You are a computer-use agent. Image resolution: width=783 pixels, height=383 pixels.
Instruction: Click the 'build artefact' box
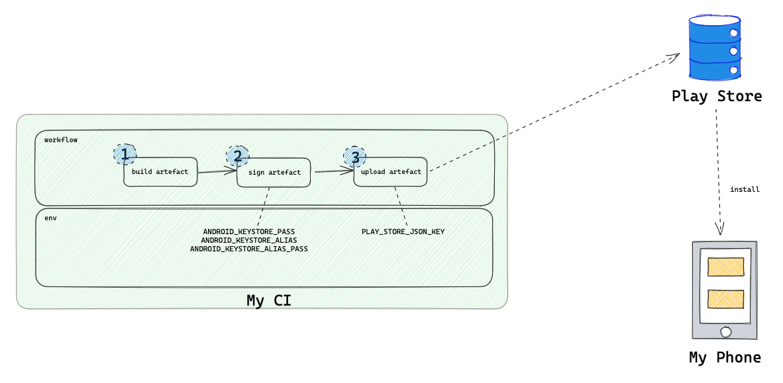pos(160,172)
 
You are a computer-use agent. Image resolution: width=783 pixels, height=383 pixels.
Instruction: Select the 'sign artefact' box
pos(274,173)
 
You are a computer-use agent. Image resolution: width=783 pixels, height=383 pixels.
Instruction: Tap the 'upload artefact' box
pos(391,172)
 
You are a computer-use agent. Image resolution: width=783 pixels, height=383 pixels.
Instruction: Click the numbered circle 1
pos(124,154)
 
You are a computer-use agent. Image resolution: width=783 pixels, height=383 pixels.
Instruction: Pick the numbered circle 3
pos(355,157)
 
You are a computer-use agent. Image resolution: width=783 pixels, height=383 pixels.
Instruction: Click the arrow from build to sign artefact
pos(217,172)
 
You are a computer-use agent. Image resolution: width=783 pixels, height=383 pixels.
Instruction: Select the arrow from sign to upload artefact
pos(333,172)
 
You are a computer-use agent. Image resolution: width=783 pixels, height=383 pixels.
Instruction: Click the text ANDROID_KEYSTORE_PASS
pos(249,232)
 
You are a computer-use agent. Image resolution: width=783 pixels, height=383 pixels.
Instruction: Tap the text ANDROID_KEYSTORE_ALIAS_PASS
pos(249,249)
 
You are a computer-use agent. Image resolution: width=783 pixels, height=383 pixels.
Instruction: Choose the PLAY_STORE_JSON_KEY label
pos(403,232)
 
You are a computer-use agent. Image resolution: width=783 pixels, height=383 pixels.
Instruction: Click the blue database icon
pos(714,48)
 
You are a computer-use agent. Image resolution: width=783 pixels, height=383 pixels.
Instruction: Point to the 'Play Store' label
pos(717,97)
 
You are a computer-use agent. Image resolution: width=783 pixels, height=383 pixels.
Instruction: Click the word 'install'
pos(745,190)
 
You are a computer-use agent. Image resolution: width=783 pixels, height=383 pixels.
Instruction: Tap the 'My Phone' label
pos(725,358)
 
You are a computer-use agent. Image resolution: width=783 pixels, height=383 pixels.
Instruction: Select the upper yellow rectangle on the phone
pos(725,267)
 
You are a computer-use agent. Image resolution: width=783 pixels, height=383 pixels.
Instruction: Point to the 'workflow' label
pos(61,140)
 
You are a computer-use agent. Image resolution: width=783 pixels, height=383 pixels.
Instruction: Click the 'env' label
pos(50,218)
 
